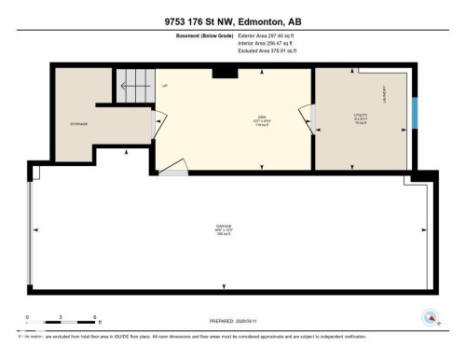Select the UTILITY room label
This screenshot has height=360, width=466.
[361, 118]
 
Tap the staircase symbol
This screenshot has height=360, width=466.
[134, 88]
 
